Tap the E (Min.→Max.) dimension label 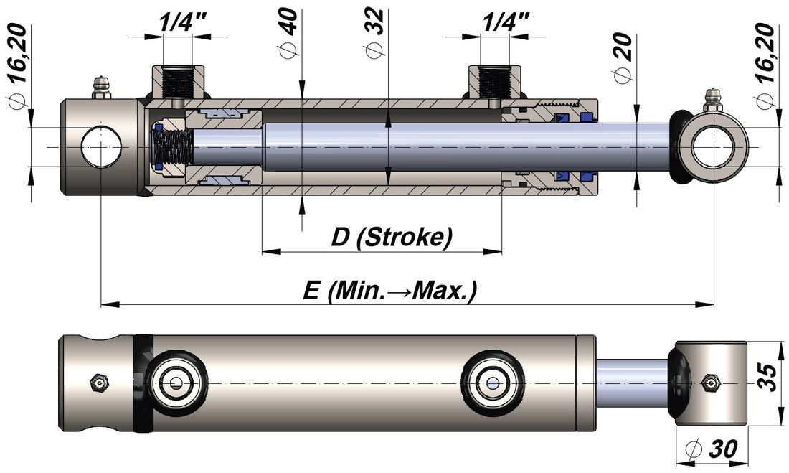click(390, 290)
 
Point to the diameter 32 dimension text click(374, 33)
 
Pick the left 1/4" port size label click(177, 22)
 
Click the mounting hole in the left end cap click(100, 148)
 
